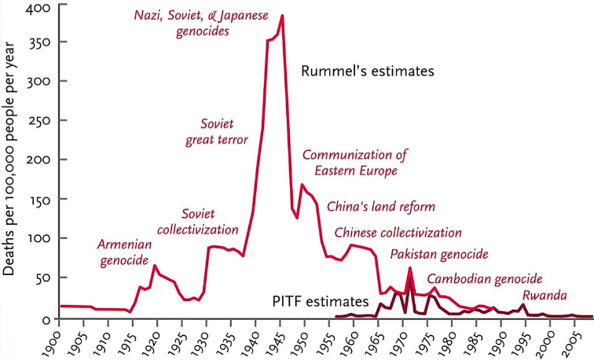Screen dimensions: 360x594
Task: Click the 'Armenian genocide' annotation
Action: click(124, 252)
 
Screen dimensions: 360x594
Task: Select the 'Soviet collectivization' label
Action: click(198, 221)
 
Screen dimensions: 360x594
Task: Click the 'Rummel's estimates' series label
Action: click(368, 72)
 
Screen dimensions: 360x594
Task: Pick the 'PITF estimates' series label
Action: click(320, 301)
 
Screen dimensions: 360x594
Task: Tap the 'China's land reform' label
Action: click(380, 207)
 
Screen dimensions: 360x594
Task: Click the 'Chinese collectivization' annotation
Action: click(398, 233)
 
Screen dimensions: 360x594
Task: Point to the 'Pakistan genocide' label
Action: click(439, 254)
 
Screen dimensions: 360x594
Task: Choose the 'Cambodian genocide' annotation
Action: click(485, 279)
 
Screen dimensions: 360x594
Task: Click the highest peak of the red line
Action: click(282, 15)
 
